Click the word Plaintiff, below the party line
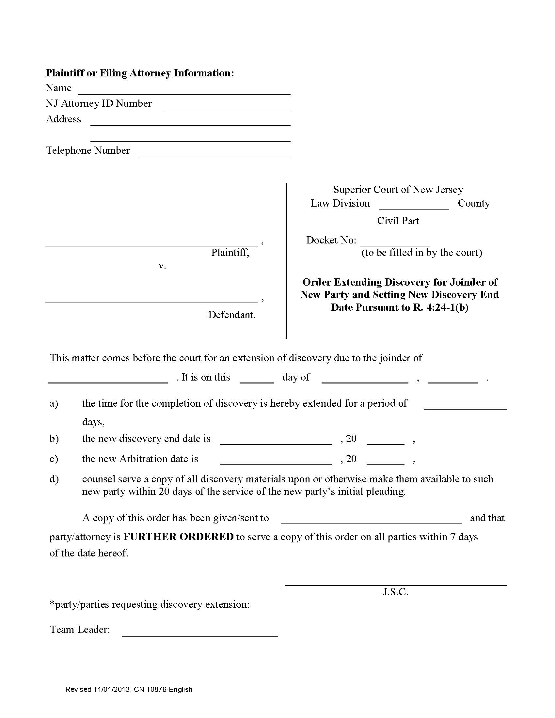coord(230,253)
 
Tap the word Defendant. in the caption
coord(231,315)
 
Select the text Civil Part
coord(398,221)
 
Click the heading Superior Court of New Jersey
coord(398,189)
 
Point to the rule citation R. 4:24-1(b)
coord(440,307)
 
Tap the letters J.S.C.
coord(395,592)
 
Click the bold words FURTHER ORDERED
coord(178,537)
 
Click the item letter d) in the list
coord(54,479)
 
